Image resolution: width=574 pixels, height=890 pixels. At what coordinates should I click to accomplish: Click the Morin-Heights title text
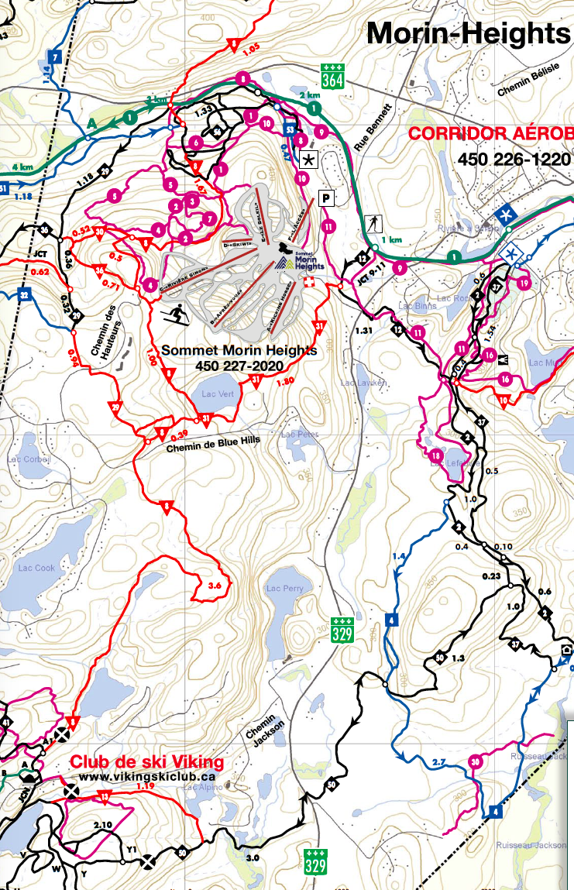tap(468, 33)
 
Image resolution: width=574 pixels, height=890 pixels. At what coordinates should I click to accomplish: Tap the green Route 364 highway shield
tap(332, 76)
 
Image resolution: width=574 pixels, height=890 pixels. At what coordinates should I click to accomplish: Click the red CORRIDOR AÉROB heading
tap(490, 132)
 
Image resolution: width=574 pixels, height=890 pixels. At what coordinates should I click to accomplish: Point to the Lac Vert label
tap(217, 394)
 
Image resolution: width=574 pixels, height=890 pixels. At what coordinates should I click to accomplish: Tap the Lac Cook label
tap(36, 568)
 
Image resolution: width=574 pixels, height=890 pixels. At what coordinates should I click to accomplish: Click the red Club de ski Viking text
tap(147, 761)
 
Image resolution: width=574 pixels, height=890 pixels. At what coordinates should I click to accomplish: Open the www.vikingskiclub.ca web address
tap(147, 775)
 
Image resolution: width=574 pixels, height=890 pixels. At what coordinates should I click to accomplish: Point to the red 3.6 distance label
tap(215, 587)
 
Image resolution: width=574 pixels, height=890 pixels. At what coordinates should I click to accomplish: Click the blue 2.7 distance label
tap(438, 763)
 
